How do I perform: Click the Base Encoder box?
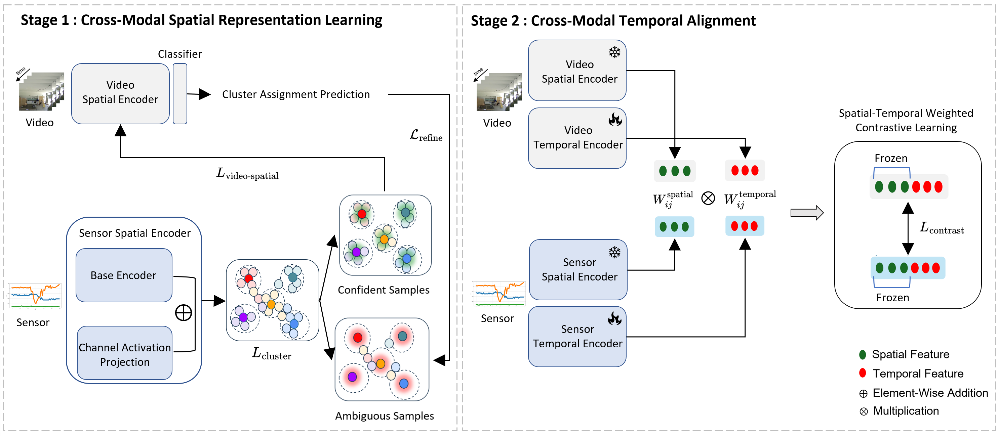(x=124, y=275)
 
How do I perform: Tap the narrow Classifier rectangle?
(x=180, y=94)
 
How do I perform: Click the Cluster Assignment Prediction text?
(x=296, y=94)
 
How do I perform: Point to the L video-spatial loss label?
(x=247, y=174)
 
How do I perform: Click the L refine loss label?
(x=426, y=136)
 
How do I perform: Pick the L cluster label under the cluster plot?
(x=272, y=353)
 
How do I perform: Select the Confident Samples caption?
(x=384, y=290)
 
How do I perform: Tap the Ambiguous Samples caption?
(x=384, y=416)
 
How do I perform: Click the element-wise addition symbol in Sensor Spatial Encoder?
(x=184, y=313)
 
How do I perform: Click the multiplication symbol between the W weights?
(x=708, y=198)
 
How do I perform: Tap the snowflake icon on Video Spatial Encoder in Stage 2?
(x=615, y=52)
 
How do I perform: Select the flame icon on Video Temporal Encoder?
(x=615, y=120)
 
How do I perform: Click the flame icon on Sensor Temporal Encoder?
(x=615, y=318)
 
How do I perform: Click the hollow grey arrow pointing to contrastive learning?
(x=807, y=213)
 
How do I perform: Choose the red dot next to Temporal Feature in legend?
(x=863, y=373)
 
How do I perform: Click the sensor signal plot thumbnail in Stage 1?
(x=35, y=296)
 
